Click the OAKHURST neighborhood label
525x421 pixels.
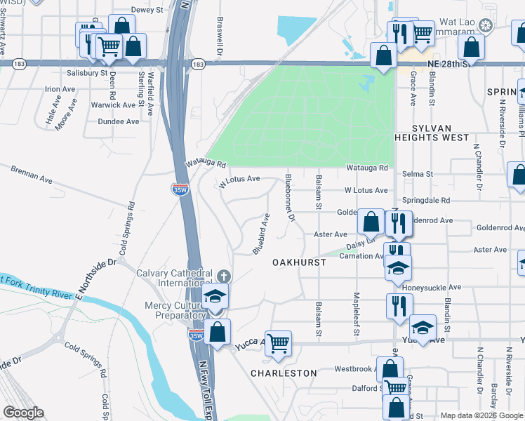(300, 262)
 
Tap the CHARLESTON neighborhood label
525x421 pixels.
(284, 373)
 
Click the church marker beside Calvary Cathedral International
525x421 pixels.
(223, 275)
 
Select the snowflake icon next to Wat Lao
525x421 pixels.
(484, 25)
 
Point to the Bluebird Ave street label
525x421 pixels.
(261, 234)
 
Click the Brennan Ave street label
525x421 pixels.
(32, 175)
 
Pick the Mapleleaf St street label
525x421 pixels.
(357, 313)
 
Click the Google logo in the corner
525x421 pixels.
(22, 413)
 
